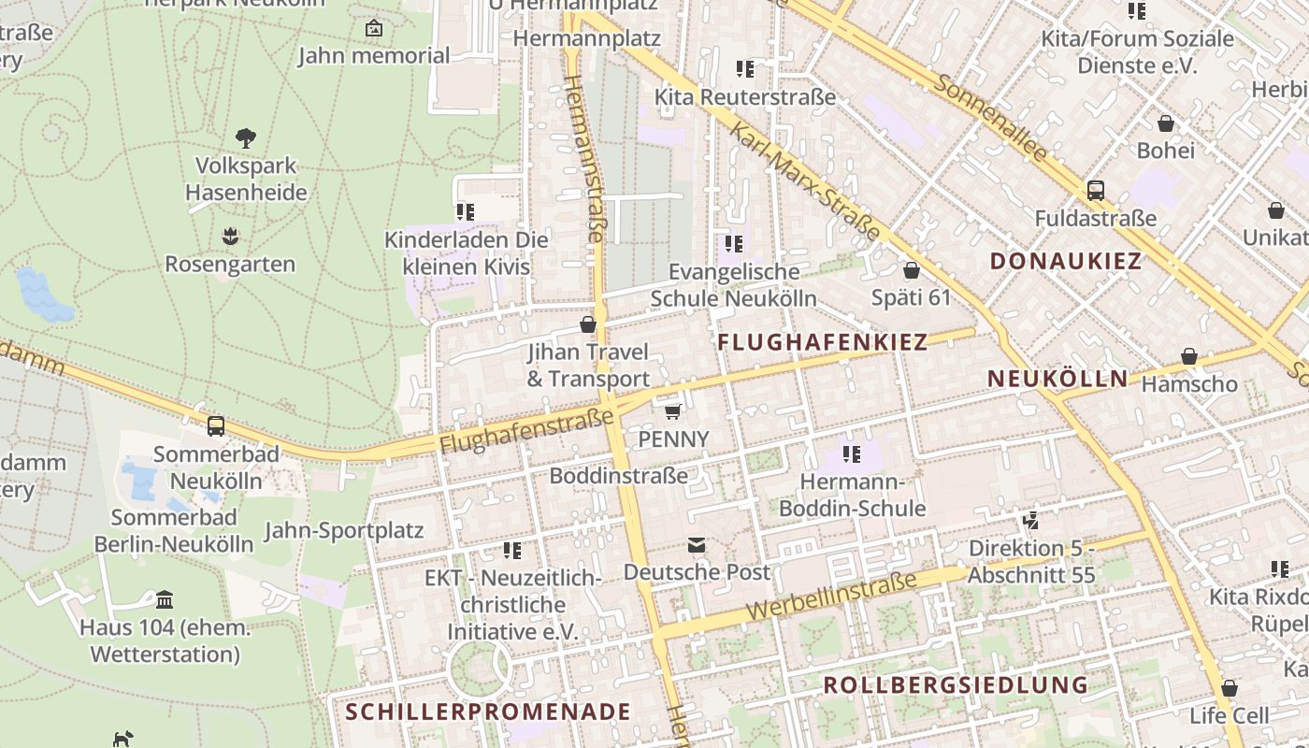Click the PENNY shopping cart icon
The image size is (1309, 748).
click(672, 410)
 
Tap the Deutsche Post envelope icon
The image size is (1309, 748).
click(697, 544)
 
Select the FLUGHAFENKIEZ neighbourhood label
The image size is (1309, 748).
click(822, 342)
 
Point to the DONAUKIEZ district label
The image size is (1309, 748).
click(1066, 261)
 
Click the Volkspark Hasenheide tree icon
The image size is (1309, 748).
click(246, 138)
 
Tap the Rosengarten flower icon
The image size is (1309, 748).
click(230, 237)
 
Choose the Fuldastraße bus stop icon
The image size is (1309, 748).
click(1096, 191)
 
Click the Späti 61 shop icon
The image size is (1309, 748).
click(911, 270)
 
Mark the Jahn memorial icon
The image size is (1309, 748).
click(374, 28)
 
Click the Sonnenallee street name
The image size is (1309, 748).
click(989, 117)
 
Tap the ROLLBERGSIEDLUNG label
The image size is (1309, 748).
click(956, 685)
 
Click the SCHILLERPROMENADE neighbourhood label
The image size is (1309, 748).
click(488, 712)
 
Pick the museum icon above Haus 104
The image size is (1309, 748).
click(165, 599)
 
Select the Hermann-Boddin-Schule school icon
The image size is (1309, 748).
click(851, 454)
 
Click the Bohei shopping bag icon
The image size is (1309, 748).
click(1166, 122)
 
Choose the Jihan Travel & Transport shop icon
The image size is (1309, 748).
click(588, 324)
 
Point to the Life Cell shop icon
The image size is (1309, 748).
click(1230, 688)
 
